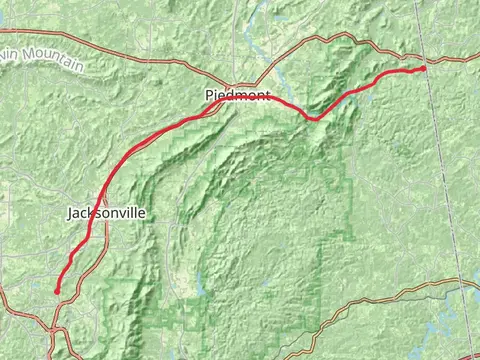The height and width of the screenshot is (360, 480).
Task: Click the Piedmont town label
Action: click(231, 96)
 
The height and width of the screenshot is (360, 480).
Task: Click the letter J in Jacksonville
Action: click(70, 213)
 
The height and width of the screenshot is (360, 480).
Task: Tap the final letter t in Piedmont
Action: click(267, 96)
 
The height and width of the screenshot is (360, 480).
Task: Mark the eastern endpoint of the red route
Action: click(423, 68)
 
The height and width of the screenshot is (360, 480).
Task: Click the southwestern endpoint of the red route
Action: click(57, 291)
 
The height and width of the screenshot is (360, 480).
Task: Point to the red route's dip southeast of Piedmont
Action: click(313, 118)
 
